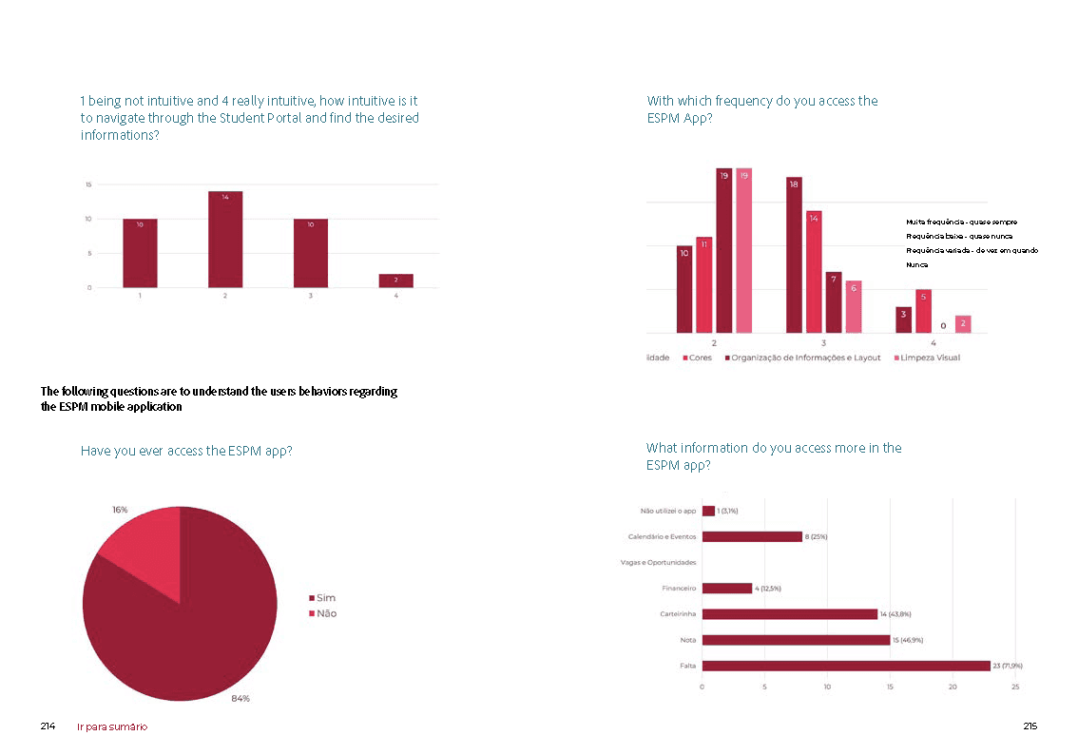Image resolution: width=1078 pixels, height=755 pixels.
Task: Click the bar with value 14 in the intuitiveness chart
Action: point(225,239)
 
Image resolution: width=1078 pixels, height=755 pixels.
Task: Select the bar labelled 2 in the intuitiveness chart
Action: point(395,281)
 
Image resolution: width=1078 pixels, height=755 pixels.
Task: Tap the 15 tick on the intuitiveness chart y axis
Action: point(88,184)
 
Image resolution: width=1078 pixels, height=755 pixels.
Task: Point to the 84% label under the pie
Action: point(241,699)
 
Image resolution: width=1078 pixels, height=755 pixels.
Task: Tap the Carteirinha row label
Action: point(679,614)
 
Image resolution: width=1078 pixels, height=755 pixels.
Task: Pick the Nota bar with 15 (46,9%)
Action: point(796,640)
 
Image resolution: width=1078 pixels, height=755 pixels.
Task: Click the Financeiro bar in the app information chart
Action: point(726,588)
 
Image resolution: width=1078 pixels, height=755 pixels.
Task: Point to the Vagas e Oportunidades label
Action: point(658,562)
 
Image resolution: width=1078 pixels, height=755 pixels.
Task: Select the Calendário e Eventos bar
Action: point(751,536)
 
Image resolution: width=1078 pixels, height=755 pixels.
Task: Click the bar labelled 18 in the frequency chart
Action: point(794,255)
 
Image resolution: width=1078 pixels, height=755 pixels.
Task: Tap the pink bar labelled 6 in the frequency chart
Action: point(854,306)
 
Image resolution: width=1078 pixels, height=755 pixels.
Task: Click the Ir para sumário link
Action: point(112,726)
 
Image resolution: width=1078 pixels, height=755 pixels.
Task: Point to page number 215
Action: point(1030,726)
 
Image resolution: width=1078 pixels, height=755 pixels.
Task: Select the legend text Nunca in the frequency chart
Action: point(916,264)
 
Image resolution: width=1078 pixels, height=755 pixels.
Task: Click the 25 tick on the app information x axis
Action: point(1015,687)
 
